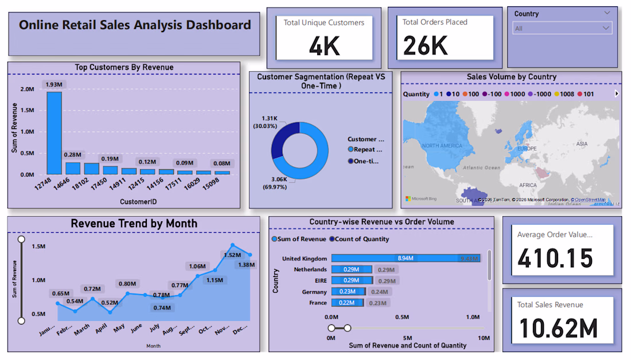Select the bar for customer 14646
click(x=73, y=168)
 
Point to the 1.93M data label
click(x=54, y=85)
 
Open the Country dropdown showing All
click(x=562, y=28)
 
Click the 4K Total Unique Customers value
click(x=324, y=46)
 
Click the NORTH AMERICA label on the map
click(x=442, y=146)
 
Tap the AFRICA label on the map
click(x=528, y=185)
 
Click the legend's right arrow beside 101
click(x=617, y=94)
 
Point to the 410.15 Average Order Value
click(x=555, y=259)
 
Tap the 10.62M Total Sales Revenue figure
click(x=558, y=328)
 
